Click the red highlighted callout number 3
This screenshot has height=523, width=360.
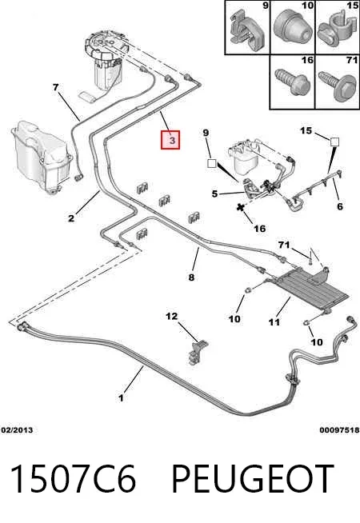click(170, 140)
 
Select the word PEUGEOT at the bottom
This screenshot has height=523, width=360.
click(252, 479)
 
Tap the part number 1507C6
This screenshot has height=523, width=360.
click(74, 479)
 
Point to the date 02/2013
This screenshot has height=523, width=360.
click(18, 430)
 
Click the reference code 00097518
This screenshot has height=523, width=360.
click(339, 430)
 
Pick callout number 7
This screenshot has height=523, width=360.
click(56, 87)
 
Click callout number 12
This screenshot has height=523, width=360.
click(172, 316)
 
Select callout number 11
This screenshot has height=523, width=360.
click(274, 322)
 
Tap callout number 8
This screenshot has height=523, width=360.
click(191, 277)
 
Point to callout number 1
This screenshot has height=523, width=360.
click(121, 398)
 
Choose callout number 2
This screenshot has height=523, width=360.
click(71, 218)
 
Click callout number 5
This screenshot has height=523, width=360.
click(215, 194)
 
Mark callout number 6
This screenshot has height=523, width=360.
click(340, 206)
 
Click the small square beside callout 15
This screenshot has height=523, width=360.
click(334, 142)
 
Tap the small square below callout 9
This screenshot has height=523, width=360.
click(212, 163)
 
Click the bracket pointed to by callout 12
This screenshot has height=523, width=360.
click(197, 353)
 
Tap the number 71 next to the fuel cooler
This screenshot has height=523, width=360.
click(284, 246)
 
